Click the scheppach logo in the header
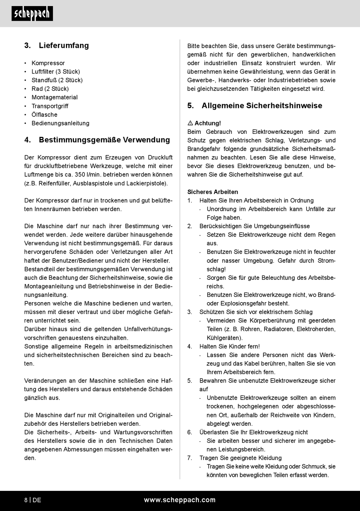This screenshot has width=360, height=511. click(x=32, y=14)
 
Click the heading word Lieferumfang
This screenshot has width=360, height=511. click(x=64, y=45)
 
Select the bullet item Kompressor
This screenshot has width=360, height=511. click(x=48, y=63)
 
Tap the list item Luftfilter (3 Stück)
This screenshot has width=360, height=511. click(x=56, y=72)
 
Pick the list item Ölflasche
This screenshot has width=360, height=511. click(x=44, y=114)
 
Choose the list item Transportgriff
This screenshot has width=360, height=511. click(x=50, y=106)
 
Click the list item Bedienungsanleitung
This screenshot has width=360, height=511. click(x=60, y=123)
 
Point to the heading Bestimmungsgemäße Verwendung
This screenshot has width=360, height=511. click(x=104, y=140)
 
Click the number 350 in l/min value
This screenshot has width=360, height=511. click(x=80, y=175)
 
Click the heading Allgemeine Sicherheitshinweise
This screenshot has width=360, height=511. click(x=262, y=106)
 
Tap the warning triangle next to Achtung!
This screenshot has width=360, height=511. click(x=190, y=123)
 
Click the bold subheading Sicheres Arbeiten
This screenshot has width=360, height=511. click(x=213, y=192)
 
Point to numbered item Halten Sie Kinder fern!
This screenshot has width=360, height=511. click(x=230, y=346)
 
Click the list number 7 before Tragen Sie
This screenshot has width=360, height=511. click(x=189, y=458)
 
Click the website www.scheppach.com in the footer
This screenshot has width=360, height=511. click(x=180, y=500)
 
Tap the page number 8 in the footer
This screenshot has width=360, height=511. click(x=26, y=500)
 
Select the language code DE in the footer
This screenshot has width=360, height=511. click(x=37, y=500)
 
